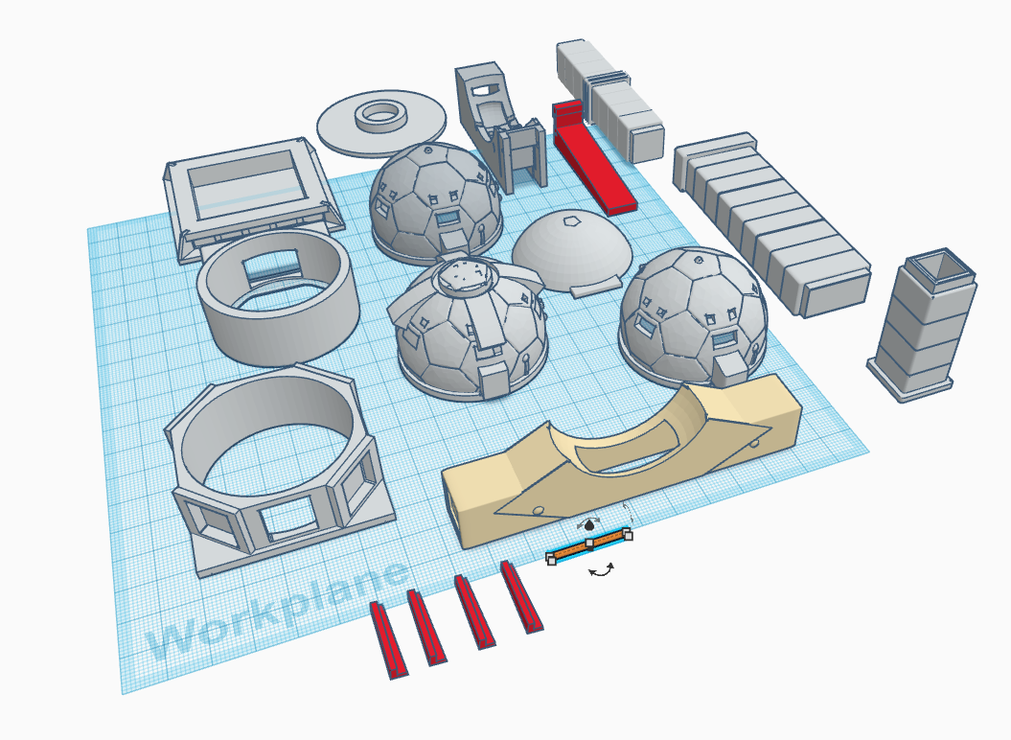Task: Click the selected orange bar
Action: coord(587,545)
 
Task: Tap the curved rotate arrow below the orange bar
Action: coord(602,571)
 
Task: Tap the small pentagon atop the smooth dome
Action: coord(571,220)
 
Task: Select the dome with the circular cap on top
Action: coord(470,326)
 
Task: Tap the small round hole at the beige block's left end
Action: coord(539,509)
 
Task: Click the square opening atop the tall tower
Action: coord(938,267)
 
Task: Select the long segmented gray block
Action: coord(771,227)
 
